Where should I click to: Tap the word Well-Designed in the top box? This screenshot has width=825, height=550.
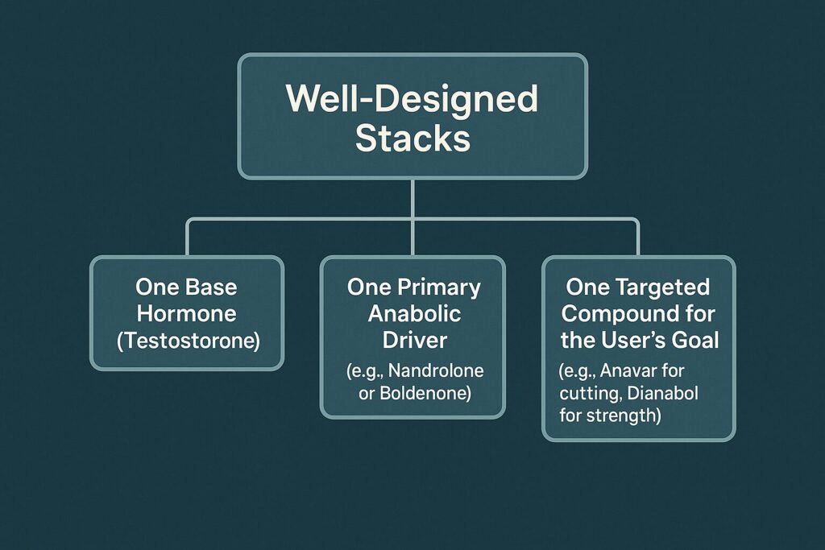pyautogui.click(x=412, y=98)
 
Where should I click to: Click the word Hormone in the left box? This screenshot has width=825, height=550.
pyautogui.click(x=187, y=313)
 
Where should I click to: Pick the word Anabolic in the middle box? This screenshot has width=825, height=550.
pyautogui.click(x=412, y=313)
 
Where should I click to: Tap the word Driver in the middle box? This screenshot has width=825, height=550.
pyautogui.click(x=412, y=340)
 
